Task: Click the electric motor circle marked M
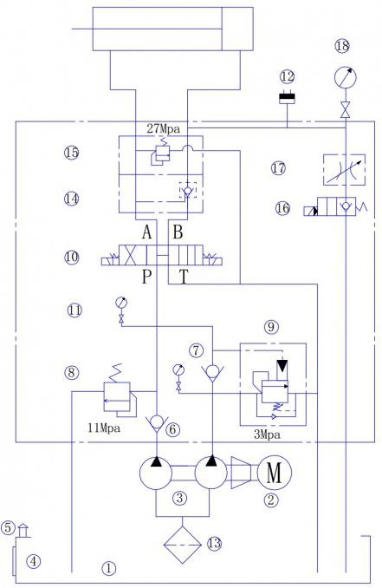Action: (275, 473)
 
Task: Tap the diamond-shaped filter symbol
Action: (183, 545)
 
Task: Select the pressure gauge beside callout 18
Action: (346, 78)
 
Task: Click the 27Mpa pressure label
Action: (163, 129)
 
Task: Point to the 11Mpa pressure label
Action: (104, 428)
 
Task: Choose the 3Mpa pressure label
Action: (267, 434)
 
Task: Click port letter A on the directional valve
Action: (146, 232)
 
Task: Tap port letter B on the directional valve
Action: (178, 232)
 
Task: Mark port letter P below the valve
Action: (146, 277)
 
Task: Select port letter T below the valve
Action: (183, 278)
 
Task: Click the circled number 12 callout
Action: (288, 77)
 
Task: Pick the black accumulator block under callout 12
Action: (288, 98)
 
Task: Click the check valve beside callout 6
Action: (157, 424)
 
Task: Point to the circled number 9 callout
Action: (271, 327)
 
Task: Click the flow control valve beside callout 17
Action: (344, 169)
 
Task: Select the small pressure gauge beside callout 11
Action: (121, 303)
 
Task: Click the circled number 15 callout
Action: (71, 153)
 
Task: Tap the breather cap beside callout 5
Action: (23, 530)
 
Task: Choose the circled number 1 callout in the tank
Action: (108, 569)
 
